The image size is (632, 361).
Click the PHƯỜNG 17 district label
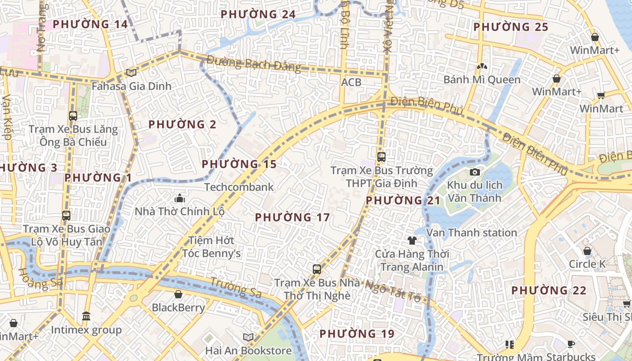[292, 218]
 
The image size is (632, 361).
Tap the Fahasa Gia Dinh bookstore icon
[131, 73]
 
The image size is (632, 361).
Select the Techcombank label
[239, 187]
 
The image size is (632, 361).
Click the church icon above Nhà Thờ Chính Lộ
[180, 198]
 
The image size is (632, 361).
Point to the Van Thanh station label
[472, 233]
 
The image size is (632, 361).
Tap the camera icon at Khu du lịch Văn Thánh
[474, 172]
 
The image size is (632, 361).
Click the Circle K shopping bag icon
[587, 251]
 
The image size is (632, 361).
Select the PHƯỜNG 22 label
[548, 291]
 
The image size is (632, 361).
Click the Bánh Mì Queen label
[482, 80]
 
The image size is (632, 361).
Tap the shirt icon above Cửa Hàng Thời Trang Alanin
[412, 240]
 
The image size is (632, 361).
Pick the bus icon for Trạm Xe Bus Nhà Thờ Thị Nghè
[317, 269]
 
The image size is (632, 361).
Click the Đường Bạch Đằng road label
[254, 64]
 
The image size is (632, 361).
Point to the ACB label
[351, 82]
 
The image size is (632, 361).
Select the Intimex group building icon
[86, 316]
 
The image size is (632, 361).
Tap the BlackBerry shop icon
[178, 295]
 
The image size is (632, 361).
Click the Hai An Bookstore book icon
[248, 337]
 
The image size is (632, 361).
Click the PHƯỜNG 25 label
[511, 27]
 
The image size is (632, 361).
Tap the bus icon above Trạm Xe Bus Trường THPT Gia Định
[381, 157]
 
